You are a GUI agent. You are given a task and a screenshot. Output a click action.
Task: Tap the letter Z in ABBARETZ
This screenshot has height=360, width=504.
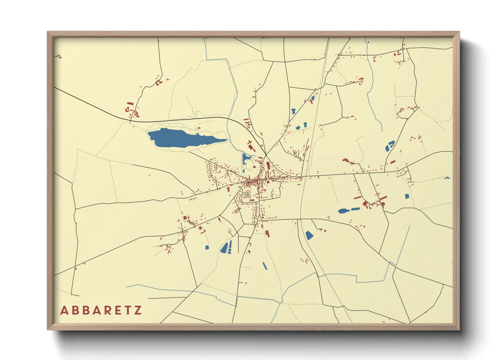pyautogui.click(x=138, y=310)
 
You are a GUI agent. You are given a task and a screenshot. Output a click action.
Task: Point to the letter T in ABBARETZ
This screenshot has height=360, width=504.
pyautogui.click(x=127, y=310)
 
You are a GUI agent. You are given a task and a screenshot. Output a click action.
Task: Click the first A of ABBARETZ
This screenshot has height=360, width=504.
pyautogui.click(x=64, y=310)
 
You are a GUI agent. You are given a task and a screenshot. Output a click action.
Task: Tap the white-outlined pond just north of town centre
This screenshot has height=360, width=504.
pyautogui.click(x=246, y=159)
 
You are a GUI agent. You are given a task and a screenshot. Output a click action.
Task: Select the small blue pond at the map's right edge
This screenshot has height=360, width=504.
pyautogui.click(x=447, y=178)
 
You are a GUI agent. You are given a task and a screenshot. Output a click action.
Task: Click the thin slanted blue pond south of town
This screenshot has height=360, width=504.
pyautogui.click(x=265, y=266)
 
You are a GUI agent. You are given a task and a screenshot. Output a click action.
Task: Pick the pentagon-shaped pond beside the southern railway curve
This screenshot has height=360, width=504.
pyautogui.click(x=309, y=235)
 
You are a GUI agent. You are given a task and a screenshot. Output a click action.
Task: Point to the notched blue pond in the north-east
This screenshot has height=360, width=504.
pyautogui.click(x=390, y=146)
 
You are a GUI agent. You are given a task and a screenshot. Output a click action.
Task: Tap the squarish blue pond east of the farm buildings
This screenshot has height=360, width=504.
pyautogui.click(x=407, y=196)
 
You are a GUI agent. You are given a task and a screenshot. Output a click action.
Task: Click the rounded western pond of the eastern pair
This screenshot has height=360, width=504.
pyautogui.click(x=343, y=211)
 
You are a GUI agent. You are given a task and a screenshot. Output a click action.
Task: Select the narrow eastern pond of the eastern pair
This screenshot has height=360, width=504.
pyautogui.click(x=355, y=209)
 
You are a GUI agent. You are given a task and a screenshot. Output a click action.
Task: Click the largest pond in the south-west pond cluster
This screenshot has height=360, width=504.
pyautogui.click(x=224, y=248)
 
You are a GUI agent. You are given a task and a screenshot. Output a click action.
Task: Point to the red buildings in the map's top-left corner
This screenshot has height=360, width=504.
pyautogui.click(x=59, y=56)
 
